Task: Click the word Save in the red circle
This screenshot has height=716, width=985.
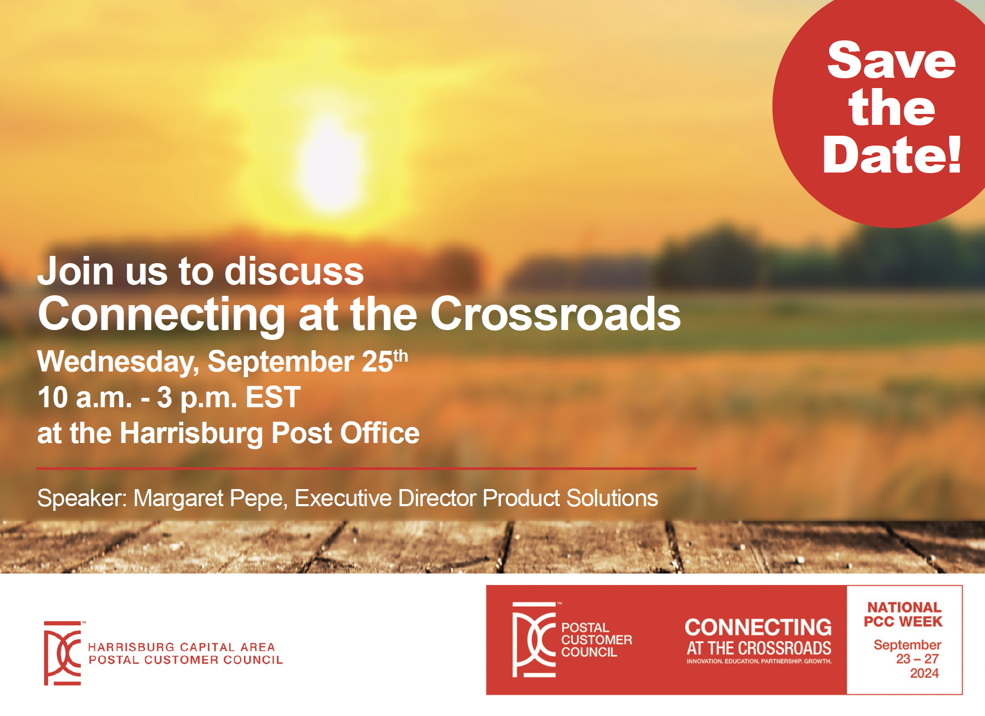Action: coord(891,61)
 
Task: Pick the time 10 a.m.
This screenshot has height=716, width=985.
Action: coord(85,397)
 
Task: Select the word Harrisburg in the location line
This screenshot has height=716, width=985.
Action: coord(191,434)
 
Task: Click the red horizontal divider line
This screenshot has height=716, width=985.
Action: coord(366,468)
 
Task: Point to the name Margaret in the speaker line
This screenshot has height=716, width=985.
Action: coord(179,499)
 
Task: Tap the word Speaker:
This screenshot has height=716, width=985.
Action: coord(82,499)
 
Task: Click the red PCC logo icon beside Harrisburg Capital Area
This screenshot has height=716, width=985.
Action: coord(63,653)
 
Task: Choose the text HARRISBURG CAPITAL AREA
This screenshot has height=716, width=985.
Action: coord(181,647)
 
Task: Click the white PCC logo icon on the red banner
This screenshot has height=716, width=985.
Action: coord(534,639)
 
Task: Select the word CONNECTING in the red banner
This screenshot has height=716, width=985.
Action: coord(758,627)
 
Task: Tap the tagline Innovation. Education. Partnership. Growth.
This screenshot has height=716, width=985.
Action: coord(759,662)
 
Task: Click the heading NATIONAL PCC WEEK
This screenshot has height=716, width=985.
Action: coord(903,614)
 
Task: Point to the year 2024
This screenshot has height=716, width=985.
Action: coord(924,673)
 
